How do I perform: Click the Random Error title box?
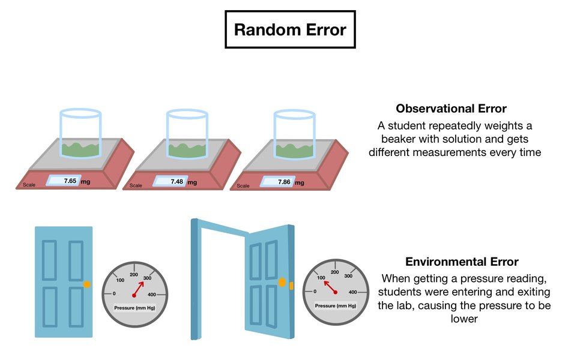pyautogui.click(x=289, y=30)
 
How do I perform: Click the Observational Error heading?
pyautogui.click(x=451, y=109)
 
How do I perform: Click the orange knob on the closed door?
pyautogui.click(x=88, y=283)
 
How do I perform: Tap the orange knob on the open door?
pyautogui.click(x=282, y=283)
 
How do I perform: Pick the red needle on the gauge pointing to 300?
pyautogui.click(x=140, y=287)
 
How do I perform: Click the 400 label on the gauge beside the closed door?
pyautogui.click(x=152, y=295)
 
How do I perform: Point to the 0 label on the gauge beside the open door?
pyautogui.click(x=315, y=292)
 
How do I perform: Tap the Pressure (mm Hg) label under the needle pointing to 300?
pyautogui.click(x=134, y=308)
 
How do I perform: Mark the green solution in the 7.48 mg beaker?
pyautogui.click(x=187, y=150)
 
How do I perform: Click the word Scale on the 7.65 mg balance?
pyautogui.click(x=29, y=185)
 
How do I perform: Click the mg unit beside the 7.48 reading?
pyautogui.click(x=192, y=182)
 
